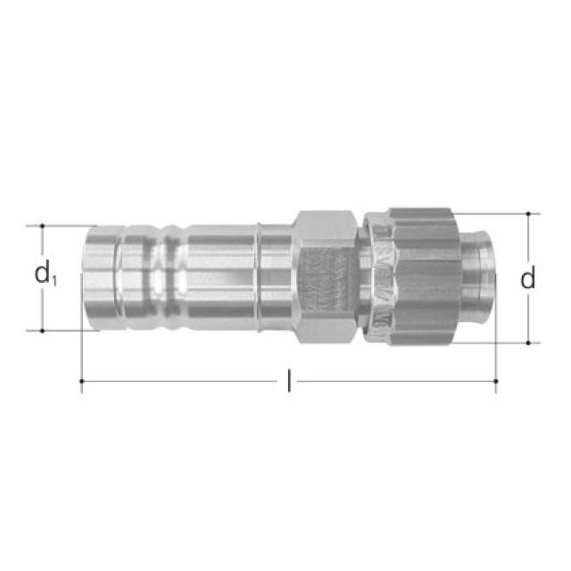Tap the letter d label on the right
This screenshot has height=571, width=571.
[528, 279]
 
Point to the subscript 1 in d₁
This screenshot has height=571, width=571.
[54, 281]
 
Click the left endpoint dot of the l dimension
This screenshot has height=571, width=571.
[82, 382]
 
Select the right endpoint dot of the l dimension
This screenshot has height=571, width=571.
[496, 382]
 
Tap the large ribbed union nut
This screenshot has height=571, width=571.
[419, 277]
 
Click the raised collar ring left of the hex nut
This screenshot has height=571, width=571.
[258, 277]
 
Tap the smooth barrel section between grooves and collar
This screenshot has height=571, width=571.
[219, 277]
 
